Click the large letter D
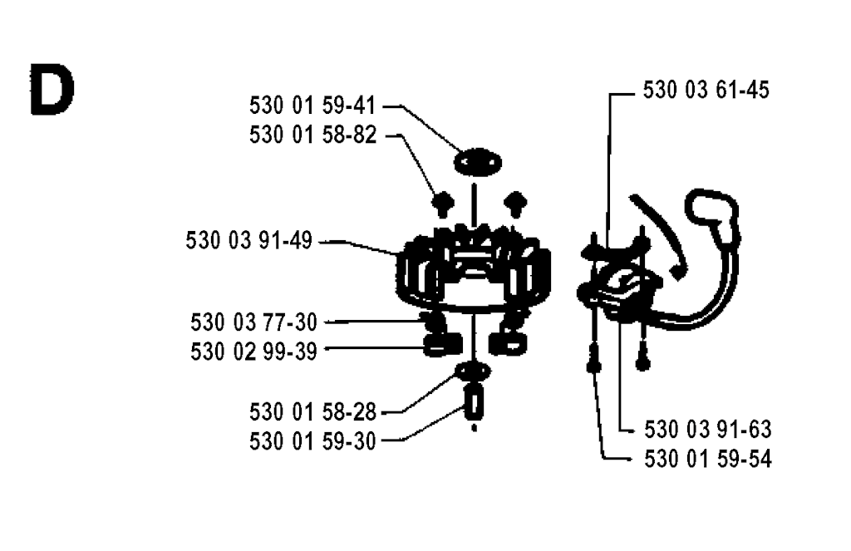[x=52, y=90]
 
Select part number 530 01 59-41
[x=312, y=106]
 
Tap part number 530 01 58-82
[x=312, y=135]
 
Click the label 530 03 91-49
[x=249, y=240]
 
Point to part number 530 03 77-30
[x=253, y=322]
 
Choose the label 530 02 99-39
[x=253, y=352]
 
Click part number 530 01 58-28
[x=312, y=412]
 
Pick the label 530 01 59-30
[x=312, y=441]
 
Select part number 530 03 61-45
[x=706, y=90]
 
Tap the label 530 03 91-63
[x=708, y=430]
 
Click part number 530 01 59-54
[x=708, y=460]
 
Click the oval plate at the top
[x=478, y=162]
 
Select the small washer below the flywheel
[x=473, y=371]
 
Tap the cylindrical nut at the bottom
[x=475, y=404]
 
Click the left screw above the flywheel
[x=443, y=205]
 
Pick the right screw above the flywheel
[x=515, y=204]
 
